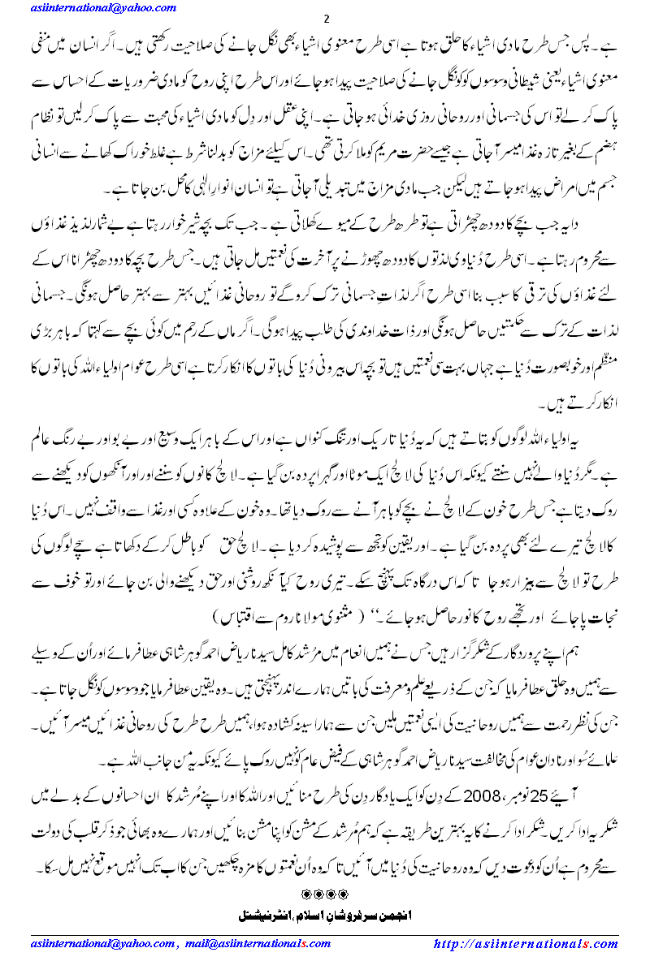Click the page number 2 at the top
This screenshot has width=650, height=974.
(324, 19)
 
